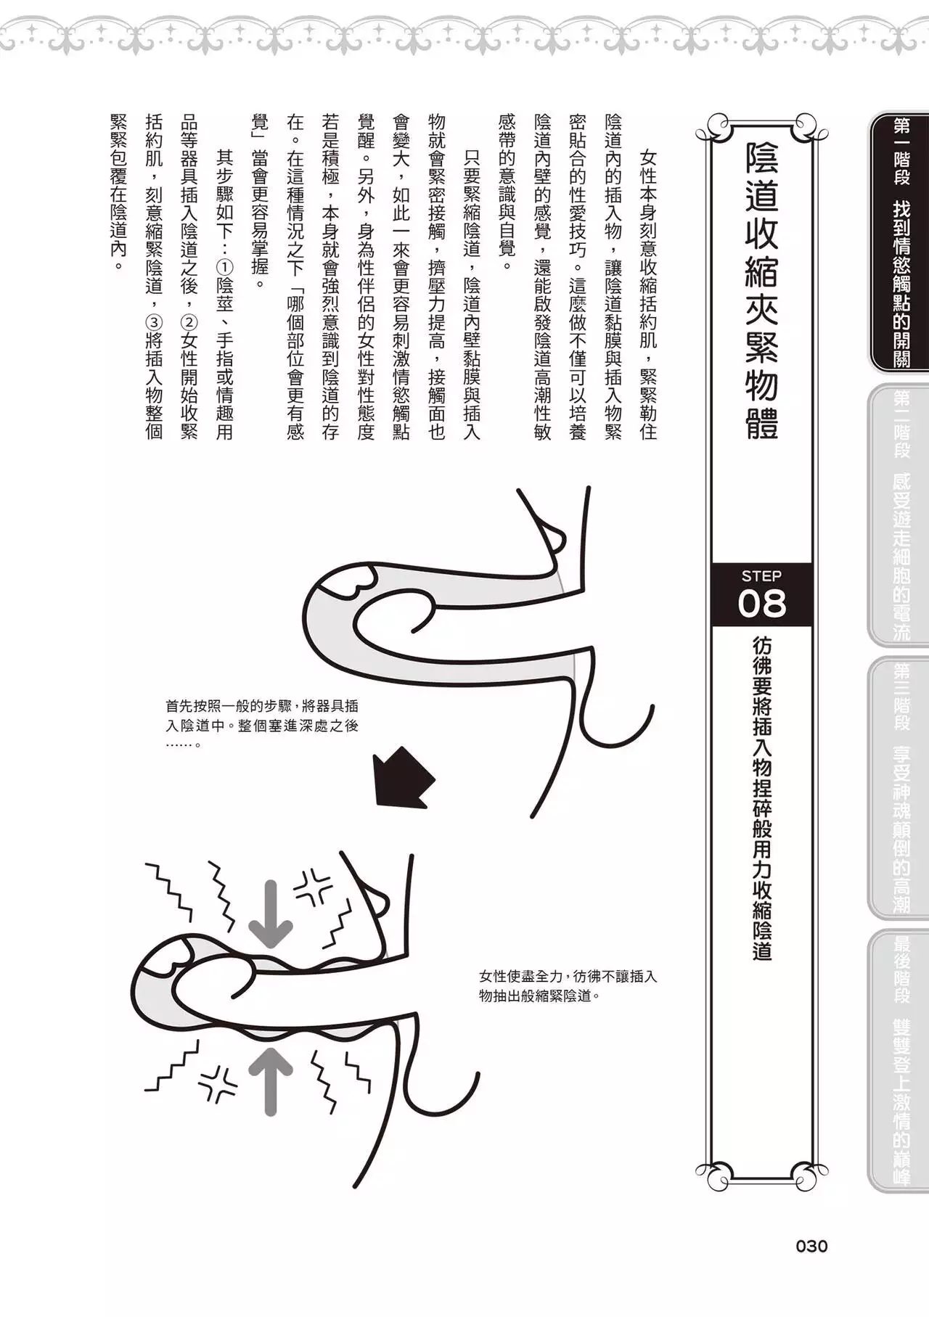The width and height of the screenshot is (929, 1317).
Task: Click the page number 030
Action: pos(811,1247)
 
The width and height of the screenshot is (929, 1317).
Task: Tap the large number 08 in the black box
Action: pos(761,603)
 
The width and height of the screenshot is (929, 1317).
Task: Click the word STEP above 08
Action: pos(761,576)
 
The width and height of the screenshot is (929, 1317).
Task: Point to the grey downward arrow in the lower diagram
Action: pos(270,913)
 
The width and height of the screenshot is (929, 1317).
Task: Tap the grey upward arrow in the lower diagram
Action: pos(270,1080)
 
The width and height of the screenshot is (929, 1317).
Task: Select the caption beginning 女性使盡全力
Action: pos(568,985)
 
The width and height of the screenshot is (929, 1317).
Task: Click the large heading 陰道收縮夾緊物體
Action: pos(761,290)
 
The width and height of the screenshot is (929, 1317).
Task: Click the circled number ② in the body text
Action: pos(189,321)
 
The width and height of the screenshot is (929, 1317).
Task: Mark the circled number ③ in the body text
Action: pos(154,321)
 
